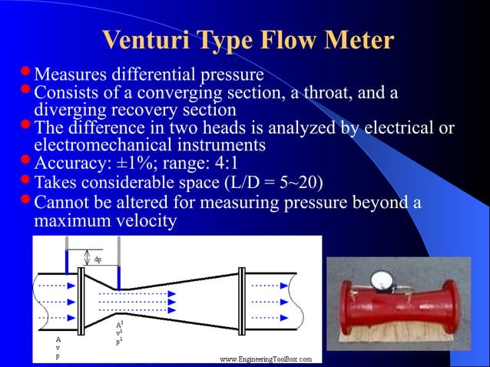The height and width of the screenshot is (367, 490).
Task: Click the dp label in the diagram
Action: pos(97,260)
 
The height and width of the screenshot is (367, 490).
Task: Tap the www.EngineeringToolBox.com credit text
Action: pos(266,359)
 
